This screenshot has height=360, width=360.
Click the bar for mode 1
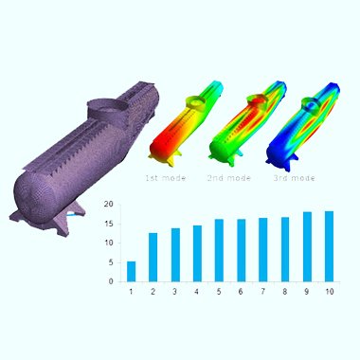coord(131,271)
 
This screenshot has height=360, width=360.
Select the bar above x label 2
coord(153,257)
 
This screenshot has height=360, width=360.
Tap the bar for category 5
coord(219,250)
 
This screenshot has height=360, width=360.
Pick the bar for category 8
coord(285,249)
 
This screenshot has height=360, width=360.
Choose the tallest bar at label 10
coord(329,246)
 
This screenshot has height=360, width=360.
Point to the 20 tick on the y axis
coord(108,205)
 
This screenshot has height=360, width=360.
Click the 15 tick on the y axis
coord(108,224)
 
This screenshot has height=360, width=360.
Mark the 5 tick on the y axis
coord(111,262)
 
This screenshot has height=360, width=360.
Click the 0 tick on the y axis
coord(111,281)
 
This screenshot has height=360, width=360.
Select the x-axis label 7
coord(262,292)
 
